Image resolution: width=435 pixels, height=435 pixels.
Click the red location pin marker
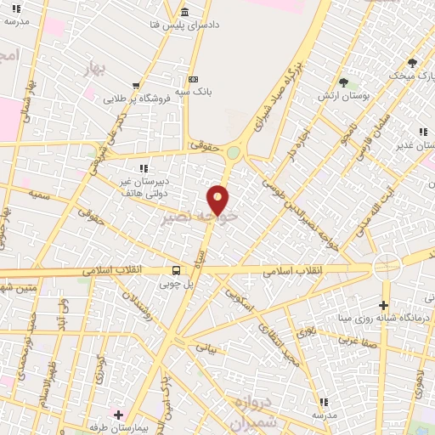click(x=218, y=200)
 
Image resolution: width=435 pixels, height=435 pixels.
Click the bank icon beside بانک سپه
click(x=193, y=78)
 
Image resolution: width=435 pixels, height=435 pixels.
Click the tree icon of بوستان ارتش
click(x=344, y=83)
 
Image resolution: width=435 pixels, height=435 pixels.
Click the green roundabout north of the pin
click(x=233, y=153)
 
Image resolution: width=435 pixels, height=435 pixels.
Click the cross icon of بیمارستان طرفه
click(x=118, y=415)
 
